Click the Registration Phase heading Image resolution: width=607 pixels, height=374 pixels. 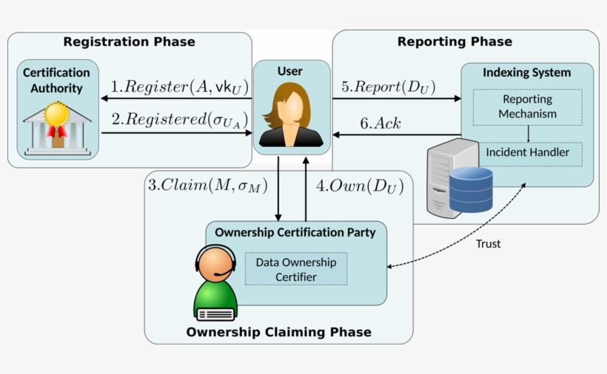pos(129,42)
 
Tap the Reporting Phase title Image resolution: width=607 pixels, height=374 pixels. pos(455,41)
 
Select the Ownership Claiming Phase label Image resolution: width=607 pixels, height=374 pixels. pos(278,332)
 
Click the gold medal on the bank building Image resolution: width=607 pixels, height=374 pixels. pos(56,115)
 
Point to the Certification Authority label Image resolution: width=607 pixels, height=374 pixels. pos(56,81)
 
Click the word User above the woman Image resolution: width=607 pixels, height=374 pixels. pos(290,72)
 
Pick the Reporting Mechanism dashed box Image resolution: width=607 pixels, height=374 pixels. pos(527,106)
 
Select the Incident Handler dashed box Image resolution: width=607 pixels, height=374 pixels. pos(527,153)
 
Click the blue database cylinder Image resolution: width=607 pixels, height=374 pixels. pos(471,189)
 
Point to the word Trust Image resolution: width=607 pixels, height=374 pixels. pos(488,243)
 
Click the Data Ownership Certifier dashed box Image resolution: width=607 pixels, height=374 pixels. pos(295,269)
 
